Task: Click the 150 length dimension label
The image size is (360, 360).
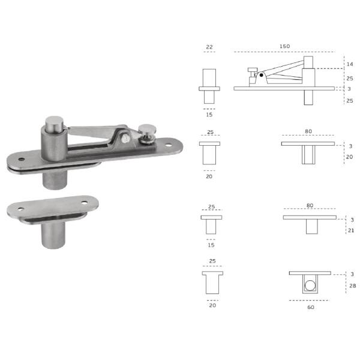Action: [x=284, y=46]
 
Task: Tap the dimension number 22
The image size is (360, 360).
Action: [x=209, y=47]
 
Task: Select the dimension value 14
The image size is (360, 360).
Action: [x=350, y=64]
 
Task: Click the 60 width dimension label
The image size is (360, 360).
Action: [x=311, y=307]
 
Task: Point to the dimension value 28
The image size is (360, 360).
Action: [x=353, y=286]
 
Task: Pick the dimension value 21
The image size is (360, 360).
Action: [x=351, y=230]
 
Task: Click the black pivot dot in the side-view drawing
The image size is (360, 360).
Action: [x=261, y=75]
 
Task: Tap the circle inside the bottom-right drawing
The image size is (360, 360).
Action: [x=310, y=286]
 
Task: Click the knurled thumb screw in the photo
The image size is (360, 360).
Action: [x=147, y=134]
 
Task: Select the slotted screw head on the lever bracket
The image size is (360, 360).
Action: [x=125, y=139]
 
